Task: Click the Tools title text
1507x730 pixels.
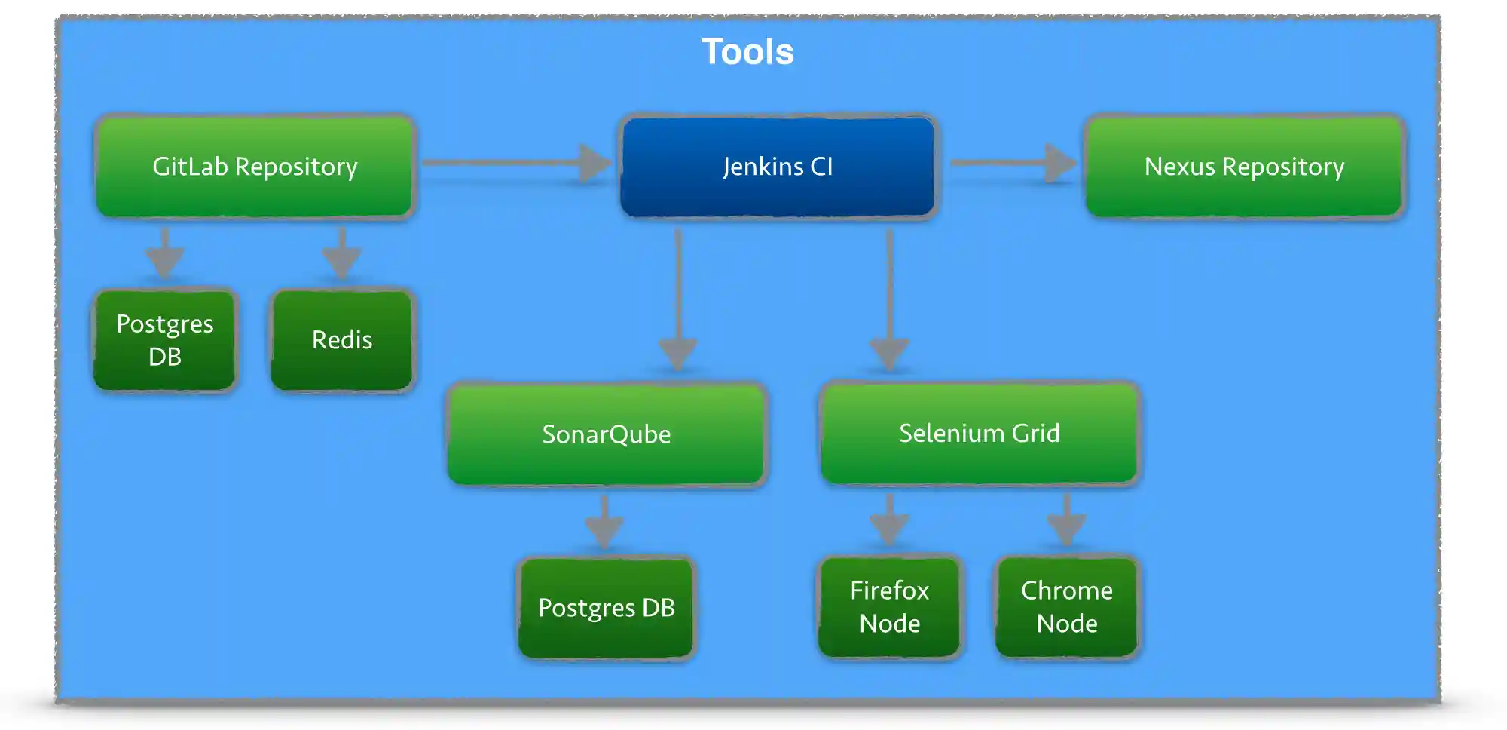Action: click(x=747, y=52)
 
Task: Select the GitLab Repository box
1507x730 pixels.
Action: click(x=255, y=167)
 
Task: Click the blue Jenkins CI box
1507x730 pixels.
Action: click(x=778, y=167)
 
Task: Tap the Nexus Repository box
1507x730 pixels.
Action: click(x=1244, y=167)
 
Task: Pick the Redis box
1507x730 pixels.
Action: click(x=342, y=340)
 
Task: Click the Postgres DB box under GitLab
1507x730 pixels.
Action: click(x=165, y=340)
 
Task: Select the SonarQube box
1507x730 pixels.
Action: click(x=606, y=434)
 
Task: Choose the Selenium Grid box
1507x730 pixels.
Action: click(x=979, y=434)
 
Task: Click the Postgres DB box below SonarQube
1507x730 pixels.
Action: click(x=606, y=608)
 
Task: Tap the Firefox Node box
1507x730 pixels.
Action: click(x=889, y=607)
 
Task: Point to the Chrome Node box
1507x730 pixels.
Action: click(x=1066, y=607)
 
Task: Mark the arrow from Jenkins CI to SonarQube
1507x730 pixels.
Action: click(x=678, y=302)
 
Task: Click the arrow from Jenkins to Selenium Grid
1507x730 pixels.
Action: click(x=889, y=302)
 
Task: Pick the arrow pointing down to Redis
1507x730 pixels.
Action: click(x=342, y=255)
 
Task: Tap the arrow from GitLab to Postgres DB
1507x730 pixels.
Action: click(x=165, y=255)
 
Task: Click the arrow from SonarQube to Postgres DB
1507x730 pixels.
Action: click(x=604, y=522)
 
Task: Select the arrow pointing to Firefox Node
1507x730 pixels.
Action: click(x=889, y=520)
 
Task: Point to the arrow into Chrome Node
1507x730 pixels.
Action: click(x=1066, y=520)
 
